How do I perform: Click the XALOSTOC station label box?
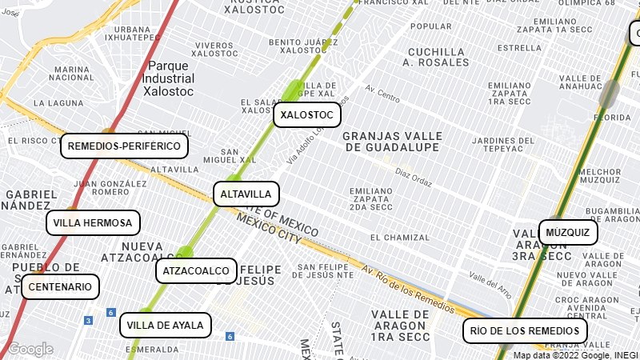coord(307,115)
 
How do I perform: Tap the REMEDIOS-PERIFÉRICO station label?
coord(125,146)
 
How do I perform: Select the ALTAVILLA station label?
coord(246,194)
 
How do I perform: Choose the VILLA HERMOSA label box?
coord(94,222)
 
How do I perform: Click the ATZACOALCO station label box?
coord(196,271)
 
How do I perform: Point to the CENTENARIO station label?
coord(61,286)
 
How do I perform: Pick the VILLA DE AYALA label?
coord(166,326)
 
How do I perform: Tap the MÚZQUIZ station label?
coord(568,233)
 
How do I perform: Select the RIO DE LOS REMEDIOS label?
coord(525,330)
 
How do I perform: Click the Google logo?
coord(30,349)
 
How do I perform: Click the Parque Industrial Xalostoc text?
coord(168,78)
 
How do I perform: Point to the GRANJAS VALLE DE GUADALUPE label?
coord(391,142)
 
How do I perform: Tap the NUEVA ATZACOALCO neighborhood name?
coord(131,251)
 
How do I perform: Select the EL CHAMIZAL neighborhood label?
coord(399,238)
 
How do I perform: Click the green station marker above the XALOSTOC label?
coord(293,90)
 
